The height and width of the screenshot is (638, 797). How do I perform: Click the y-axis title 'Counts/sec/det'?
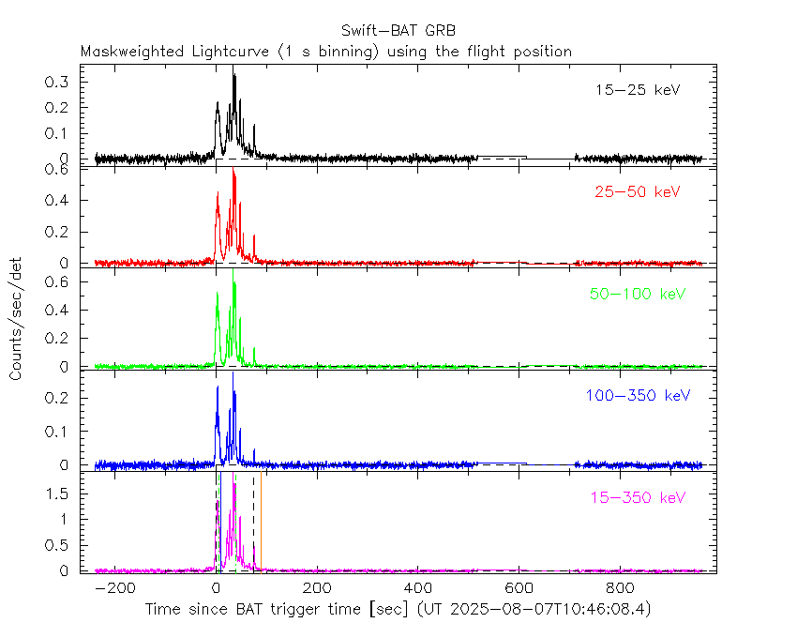pos(16,320)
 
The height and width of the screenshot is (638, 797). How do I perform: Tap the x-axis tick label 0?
pos(217,588)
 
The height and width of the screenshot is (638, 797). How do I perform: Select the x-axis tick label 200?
pos(317,588)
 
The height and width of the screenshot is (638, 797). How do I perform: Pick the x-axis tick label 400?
pos(418,588)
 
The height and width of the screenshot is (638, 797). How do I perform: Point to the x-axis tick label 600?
pos(519,588)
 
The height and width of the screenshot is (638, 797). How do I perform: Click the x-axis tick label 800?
pos(620,588)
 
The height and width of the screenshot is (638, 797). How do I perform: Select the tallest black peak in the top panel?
pos(233,77)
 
